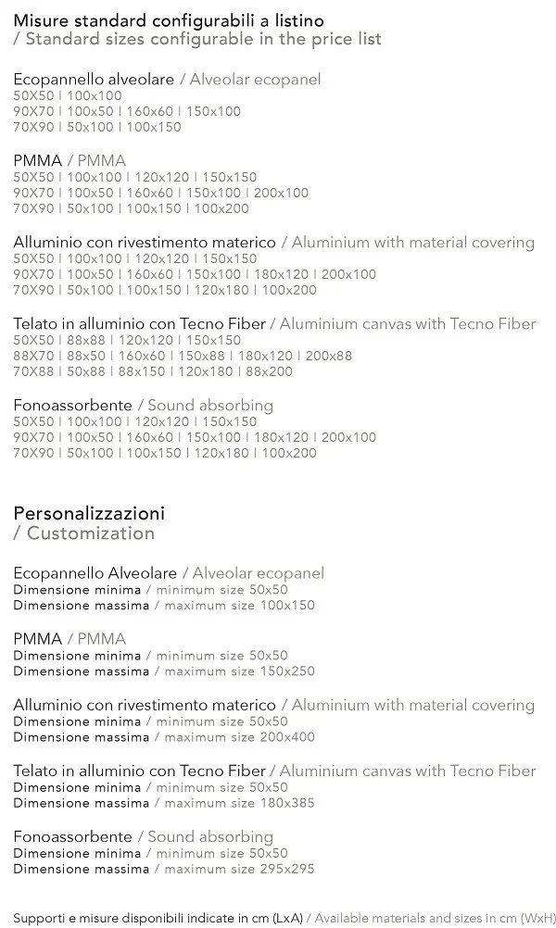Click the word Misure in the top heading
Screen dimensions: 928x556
pyautogui.click(x=41, y=20)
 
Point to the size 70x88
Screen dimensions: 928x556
pyautogui.click(x=33, y=371)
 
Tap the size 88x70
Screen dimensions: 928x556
pyautogui.click(x=33, y=356)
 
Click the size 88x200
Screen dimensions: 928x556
pyautogui.click(x=269, y=371)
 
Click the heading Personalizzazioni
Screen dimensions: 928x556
pyautogui.click(x=89, y=513)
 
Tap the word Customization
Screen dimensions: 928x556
pyautogui.click(x=91, y=533)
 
